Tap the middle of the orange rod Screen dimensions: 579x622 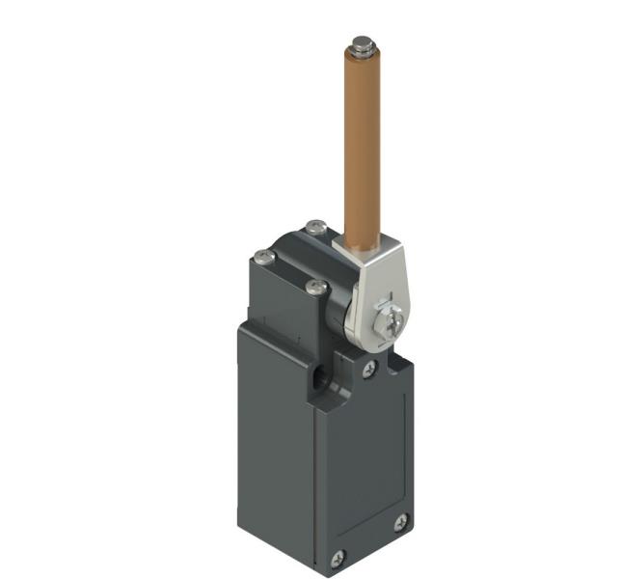coord(362,145)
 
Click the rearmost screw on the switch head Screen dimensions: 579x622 coord(315,228)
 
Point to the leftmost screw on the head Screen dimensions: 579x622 coord(261,256)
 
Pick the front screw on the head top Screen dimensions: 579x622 coord(312,287)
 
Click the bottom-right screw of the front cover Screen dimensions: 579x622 coord(401,521)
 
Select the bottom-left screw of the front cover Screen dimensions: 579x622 coord(338,558)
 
